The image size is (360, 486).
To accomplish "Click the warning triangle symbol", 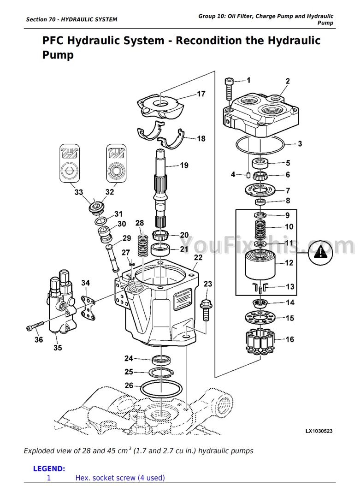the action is pyautogui.click(x=320, y=253).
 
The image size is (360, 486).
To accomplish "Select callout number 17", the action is pyautogui.click(x=201, y=94).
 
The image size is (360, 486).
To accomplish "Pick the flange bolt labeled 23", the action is pyautogui.click(x=206, y=309).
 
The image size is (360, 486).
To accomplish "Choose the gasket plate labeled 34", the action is pyautogui.click(x=88, y=308).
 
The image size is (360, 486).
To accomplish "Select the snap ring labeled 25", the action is pyautogui.click(x=160, y=372).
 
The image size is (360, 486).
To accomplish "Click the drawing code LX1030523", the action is pyautogui.click(x=319, y=431).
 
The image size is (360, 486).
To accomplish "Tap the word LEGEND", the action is pyautogui.click(x=49, y=468).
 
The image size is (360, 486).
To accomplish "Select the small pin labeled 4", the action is pyautogui.click(x=248, y=175).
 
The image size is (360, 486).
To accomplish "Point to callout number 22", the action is pyautogui.click(x=198, y=258).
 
